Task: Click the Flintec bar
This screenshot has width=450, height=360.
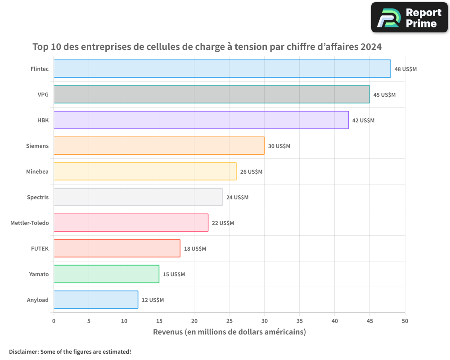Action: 222,69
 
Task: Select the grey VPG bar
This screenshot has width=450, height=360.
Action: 211,94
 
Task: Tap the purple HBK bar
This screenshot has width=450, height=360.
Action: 201,120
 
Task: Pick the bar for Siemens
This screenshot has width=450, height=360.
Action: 159,146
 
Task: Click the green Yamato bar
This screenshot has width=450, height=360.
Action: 106,274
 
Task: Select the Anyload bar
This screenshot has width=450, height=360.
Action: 96,300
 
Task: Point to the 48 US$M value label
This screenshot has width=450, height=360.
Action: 405,69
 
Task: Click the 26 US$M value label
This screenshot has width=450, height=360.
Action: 251,172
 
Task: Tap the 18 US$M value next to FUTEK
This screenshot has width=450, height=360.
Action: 195,249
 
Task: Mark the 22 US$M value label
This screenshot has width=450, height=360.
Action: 223,223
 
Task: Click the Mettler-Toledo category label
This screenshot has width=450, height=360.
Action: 29,223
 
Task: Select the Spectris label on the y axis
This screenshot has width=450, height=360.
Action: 38,198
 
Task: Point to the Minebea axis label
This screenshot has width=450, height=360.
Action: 37,172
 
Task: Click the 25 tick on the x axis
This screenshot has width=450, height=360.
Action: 229,321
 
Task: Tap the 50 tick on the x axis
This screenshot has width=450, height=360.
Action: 405,321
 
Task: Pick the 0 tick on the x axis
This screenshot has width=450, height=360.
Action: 54,321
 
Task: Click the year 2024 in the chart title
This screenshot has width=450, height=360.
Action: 371,47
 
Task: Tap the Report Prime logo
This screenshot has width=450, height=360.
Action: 409,18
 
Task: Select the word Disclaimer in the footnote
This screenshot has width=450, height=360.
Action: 23,351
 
